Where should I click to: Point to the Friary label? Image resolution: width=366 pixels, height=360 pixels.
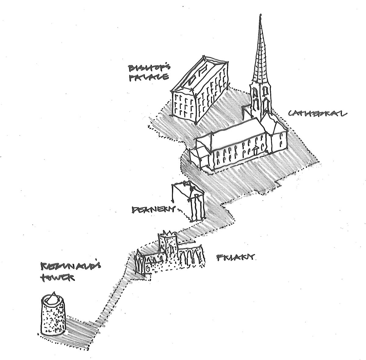[235, 258]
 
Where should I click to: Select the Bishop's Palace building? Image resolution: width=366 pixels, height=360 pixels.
[198, 92]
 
